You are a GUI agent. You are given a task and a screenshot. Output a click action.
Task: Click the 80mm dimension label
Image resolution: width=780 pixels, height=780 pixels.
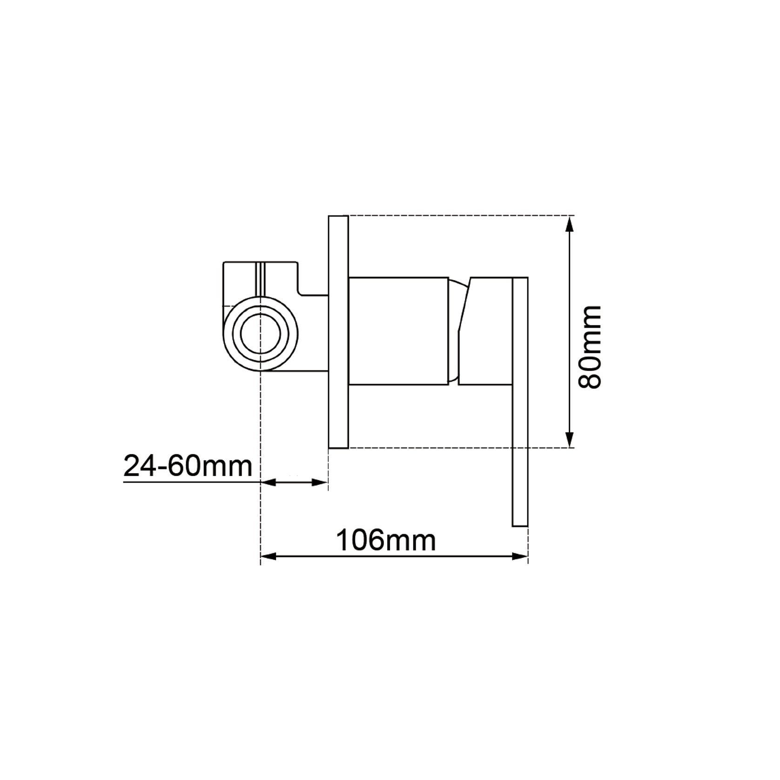[x=590, y=347]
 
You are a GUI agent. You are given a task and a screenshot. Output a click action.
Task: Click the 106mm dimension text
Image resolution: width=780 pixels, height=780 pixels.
[x=386, y=540]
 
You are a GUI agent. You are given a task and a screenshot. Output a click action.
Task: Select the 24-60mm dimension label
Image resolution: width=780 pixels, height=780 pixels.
[x=188, y=466]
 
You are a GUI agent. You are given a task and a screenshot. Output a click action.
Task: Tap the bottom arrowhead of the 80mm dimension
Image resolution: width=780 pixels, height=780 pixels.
[x=569, y=439]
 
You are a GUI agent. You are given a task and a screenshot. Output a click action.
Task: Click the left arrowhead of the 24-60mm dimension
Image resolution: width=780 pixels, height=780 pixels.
[x=268, y=483]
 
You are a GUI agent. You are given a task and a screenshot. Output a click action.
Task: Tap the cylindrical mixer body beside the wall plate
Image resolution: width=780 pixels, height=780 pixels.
[x=398, y=332]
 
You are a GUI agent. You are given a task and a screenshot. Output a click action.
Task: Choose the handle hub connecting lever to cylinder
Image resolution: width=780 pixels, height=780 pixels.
[x=486, y=332]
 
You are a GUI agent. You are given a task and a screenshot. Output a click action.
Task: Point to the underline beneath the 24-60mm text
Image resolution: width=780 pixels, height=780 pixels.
[x=191, y=483]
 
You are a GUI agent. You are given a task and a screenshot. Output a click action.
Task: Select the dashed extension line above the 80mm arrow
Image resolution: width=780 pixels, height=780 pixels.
[x=461, y=215]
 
